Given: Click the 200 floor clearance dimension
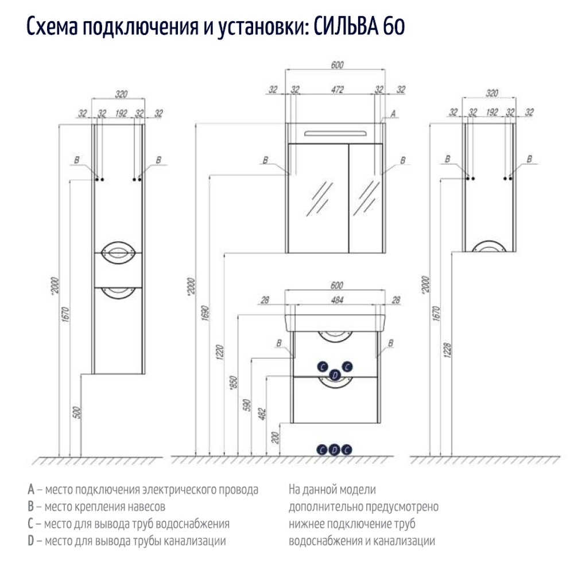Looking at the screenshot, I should point(275,439).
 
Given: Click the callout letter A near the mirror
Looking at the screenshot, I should point(393,114).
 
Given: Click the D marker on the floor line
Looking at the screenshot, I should point(334,450).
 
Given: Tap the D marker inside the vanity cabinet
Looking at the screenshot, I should point(336,374).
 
